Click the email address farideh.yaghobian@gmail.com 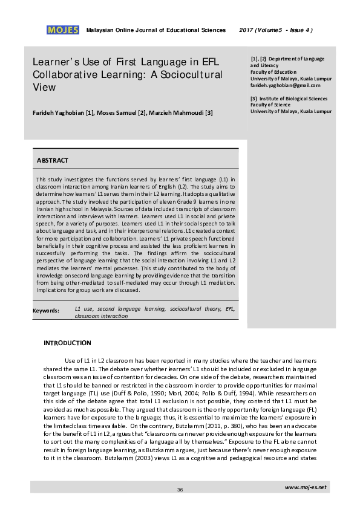(x=286, y=85)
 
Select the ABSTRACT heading (x=53, y=160)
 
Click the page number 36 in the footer (x=180, y=489)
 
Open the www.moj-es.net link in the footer (x=305, y=486)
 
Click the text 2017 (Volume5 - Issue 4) (x=276, y=30)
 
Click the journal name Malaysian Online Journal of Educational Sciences (x=156, y=30)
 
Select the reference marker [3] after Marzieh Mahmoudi (x=209, y=113)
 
